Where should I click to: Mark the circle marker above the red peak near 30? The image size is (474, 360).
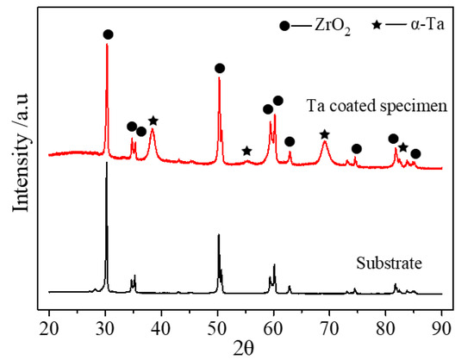tap(108, 34)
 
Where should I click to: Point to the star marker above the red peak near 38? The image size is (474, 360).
tap(153, 121)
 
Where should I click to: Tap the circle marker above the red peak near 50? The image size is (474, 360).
tap(220, 68)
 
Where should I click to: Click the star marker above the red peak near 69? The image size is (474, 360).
tap(324, 134)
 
